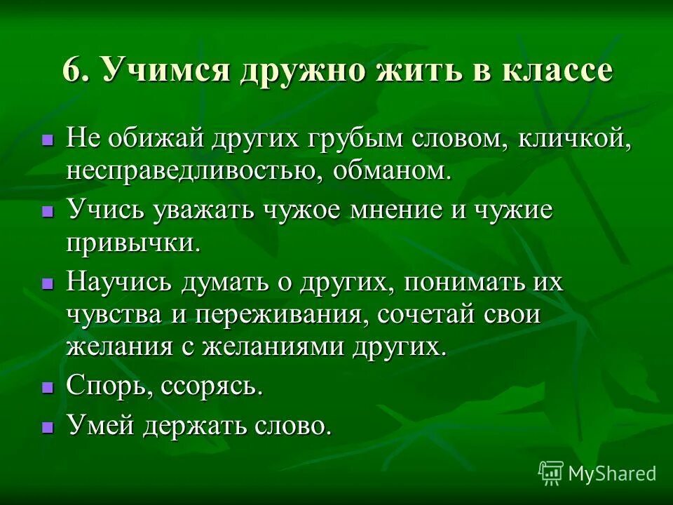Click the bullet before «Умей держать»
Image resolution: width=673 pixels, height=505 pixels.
48,426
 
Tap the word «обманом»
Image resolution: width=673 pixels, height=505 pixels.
394,172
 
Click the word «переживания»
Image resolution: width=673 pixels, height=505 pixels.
282,315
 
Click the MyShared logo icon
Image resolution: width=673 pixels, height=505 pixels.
551,473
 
